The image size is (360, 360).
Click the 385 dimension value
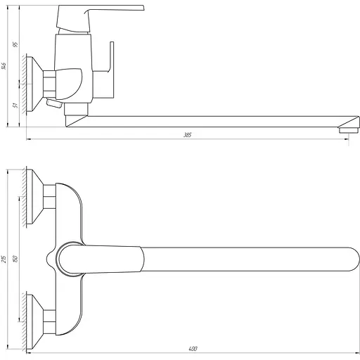187,135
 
